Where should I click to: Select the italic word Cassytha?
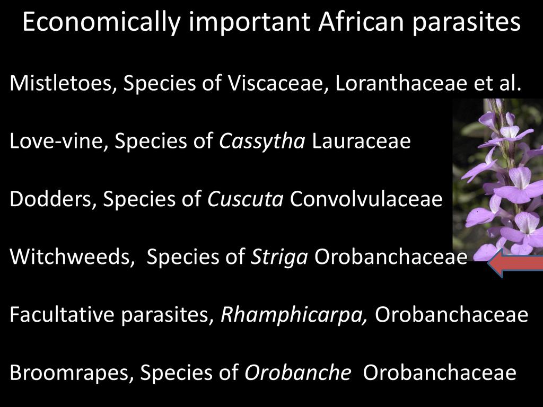pyautogui.click(x=262, y=141)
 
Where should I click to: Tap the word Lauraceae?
pyautogui.click(x=361, y=141)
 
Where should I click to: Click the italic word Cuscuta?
pyautogui.click(x=246, y=199)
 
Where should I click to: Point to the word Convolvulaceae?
pyautogui.click(x=366, y=199)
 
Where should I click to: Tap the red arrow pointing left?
pyautogui.click(x=515, y=263)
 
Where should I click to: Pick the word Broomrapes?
pyautogui.click(x=72, y=373)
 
